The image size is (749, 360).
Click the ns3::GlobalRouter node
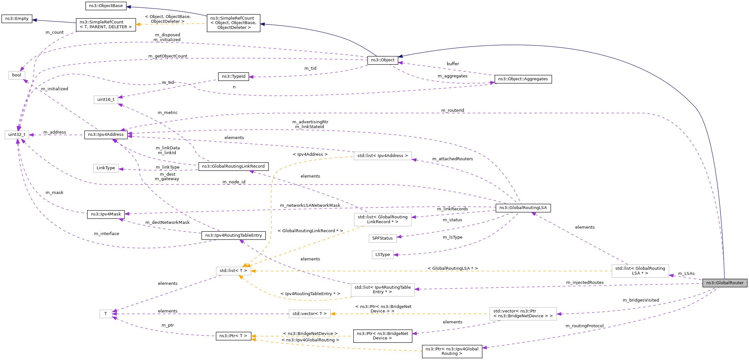tap(725, 283)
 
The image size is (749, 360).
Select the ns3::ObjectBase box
tap(106, 6)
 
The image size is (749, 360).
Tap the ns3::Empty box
tap(17, 19)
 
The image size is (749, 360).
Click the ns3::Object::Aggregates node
tap(523, 79)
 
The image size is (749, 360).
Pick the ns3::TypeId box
tap(234, 76)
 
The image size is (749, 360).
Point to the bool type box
tap(17, 75)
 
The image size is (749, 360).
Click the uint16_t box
tap(106, 100)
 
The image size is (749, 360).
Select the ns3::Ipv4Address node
tap(106, 135)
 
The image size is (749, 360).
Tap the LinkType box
tap(106, 168)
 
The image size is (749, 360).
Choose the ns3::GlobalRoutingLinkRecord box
tap(233, 166)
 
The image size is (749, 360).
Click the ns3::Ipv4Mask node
tap(106, 214)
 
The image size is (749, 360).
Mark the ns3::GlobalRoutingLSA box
tap(523, 208)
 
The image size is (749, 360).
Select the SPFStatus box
tap(382, 238)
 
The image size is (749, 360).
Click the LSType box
tap(383, 255)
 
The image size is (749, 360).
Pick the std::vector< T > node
tap(309, 314)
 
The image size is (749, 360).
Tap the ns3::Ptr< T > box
tap(233, 336)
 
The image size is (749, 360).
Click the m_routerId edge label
tap(453, 110)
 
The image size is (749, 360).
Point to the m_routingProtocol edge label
tap(585, 326)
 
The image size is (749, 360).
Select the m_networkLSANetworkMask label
tap(310, 206)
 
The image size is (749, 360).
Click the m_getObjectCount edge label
tap(168, 56)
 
